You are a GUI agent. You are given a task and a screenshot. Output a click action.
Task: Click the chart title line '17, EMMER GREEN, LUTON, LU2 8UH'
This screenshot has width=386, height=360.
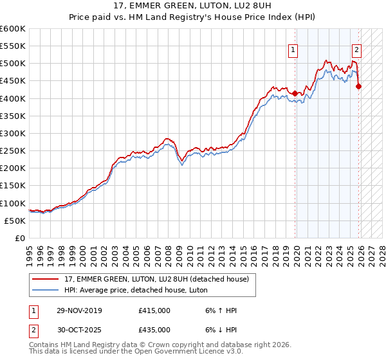pyautogui.click(x=193, y=7)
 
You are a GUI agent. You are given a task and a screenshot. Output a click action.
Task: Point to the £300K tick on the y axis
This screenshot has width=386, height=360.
pyautogui.click(x=13, y=133)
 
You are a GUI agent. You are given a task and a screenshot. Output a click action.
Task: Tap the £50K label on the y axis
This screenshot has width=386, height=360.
pyautogui.click(x=15, y=221)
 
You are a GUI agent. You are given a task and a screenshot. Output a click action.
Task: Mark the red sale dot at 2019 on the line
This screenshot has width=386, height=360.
pyautogui.click(x=295, y=93)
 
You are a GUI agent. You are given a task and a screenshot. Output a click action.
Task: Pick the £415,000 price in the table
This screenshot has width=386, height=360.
pyautogui.click(x=154, y=310)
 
